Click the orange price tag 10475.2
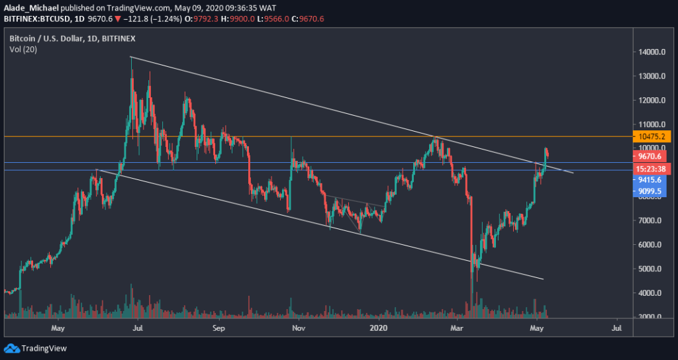(x=652, y=136)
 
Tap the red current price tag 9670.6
(x=652, y=156)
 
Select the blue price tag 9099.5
(x=652, y=191)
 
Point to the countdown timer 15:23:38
(x=652, y=168)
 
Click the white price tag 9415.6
(x=652, y=179)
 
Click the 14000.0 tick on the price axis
(x=652, y=52)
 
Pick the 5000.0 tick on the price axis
(x=652, y=269)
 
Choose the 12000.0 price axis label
(x=652, y=101)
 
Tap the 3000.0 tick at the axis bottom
(x=652, y=317)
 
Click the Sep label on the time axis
(x=220, y=328)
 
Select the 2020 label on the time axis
(x=379, y=328)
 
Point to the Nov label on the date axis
(x=299, y=328)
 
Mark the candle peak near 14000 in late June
(x=131, y=58)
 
